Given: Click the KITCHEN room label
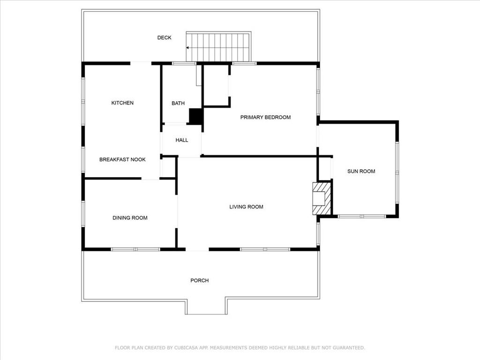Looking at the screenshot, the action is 122,103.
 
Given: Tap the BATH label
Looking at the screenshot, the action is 178,104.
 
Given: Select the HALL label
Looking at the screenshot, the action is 182,140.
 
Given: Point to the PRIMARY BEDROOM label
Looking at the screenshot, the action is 265,117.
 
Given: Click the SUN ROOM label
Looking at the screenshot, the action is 361,172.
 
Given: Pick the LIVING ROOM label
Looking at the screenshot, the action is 247,207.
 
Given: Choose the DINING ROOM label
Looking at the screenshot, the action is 130,218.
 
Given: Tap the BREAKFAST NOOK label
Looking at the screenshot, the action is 122,159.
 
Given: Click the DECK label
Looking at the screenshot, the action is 165,37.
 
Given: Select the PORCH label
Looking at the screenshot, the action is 200,280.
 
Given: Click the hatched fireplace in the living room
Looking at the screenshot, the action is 322,198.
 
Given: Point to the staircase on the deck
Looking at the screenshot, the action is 218,46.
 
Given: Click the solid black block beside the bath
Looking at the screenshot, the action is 196,116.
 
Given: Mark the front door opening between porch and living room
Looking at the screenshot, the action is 197,249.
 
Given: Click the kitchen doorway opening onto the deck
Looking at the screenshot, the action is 141,63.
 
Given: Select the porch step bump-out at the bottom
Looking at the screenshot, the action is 207,307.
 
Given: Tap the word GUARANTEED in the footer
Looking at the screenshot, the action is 349,348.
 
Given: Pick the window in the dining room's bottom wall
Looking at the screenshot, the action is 135,249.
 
